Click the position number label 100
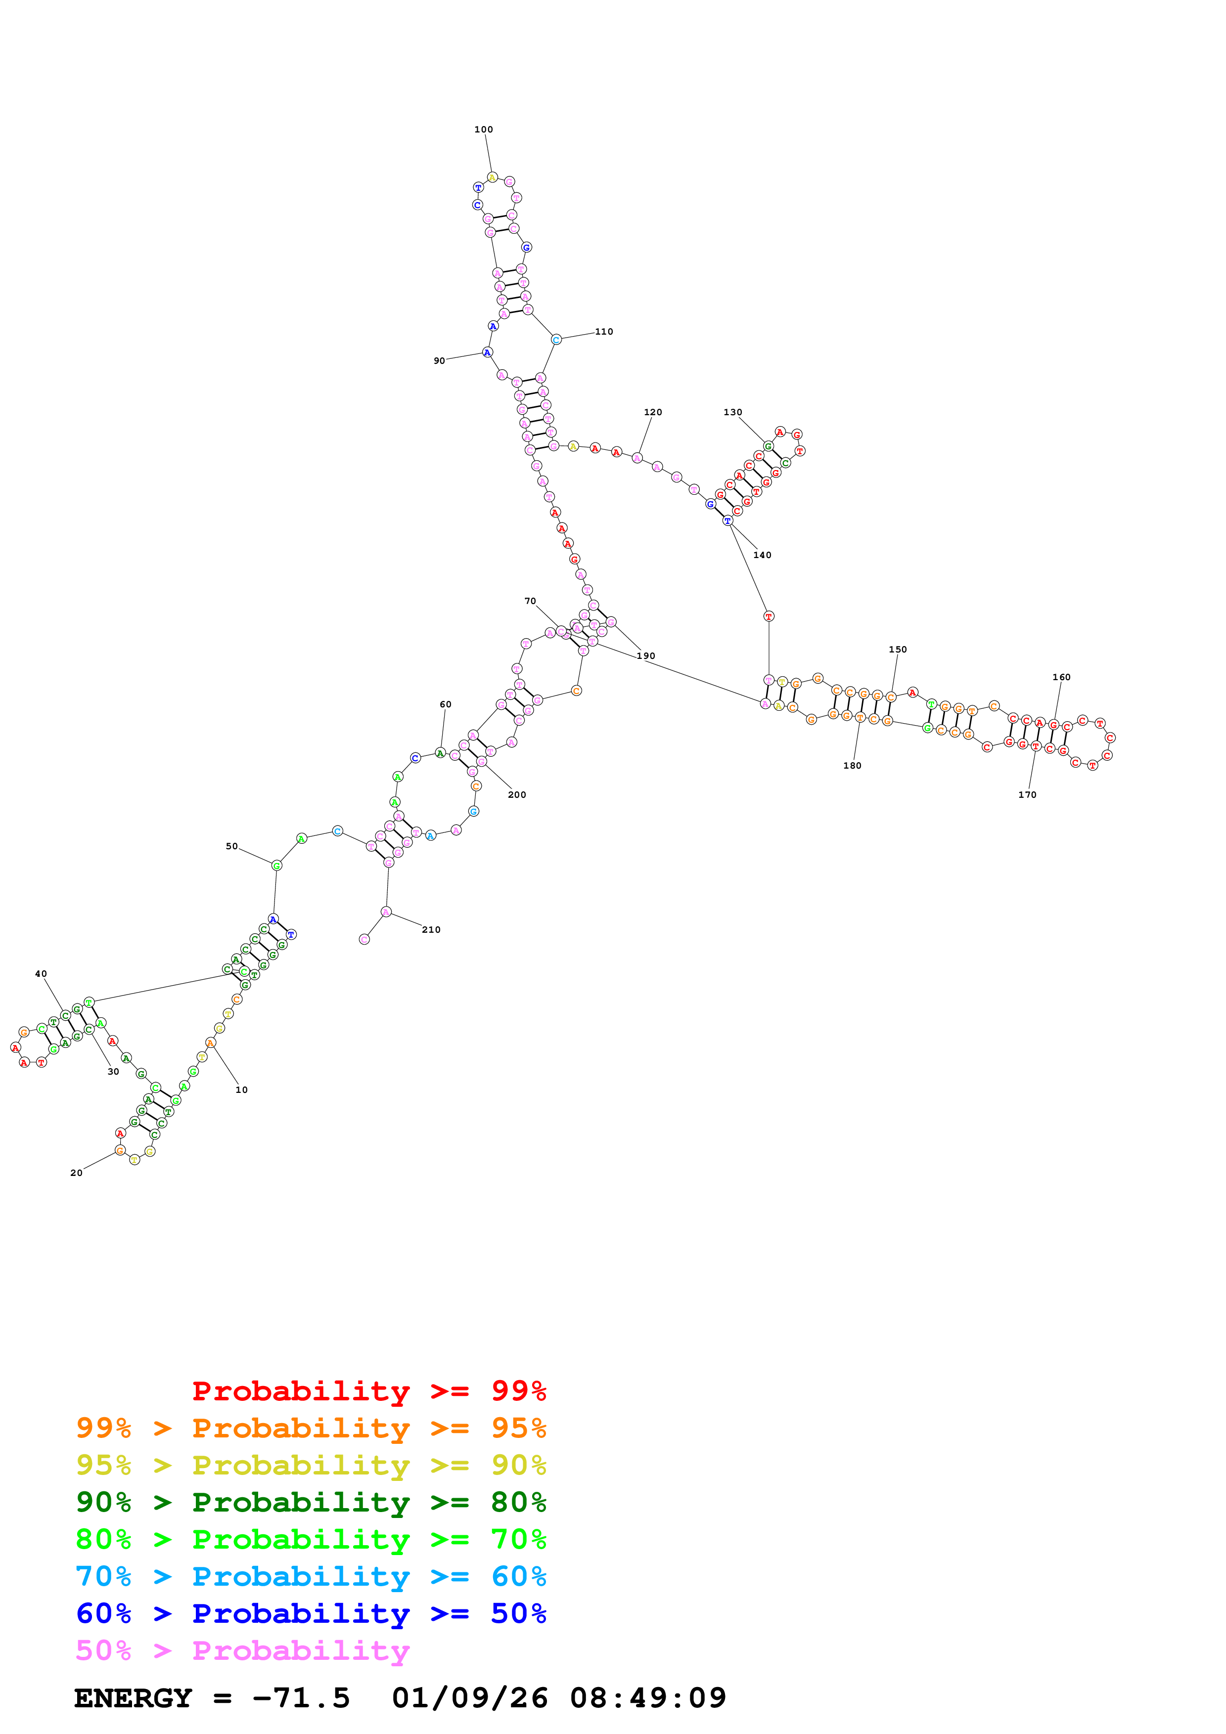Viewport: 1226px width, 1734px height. [x=484, y=130]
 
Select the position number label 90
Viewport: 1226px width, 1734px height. [x=439, y=361]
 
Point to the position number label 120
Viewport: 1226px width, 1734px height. [x=653, y=412]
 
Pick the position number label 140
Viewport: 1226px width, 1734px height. [x=762, y=555]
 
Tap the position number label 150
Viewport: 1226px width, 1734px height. [x=898, y=650]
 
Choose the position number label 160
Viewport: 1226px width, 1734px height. [x=1061, y=678]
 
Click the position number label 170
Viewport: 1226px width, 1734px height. [x=1027, y=794]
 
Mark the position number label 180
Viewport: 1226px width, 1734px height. [x=852, y=766]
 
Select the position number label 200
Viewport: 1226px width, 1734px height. [x=517, y=794]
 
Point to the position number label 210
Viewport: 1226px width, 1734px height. [x=431, y=930]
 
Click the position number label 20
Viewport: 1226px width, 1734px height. [x=76, y=1173]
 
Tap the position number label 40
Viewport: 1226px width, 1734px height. [x=41, y=974]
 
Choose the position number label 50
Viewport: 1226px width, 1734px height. [x=232, y=847]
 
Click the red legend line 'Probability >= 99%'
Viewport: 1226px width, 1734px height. [x=368, y=1390]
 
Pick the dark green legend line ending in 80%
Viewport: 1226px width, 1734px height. [x=311, y=1502]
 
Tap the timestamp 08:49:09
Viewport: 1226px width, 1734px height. [x=647, y=1698]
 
